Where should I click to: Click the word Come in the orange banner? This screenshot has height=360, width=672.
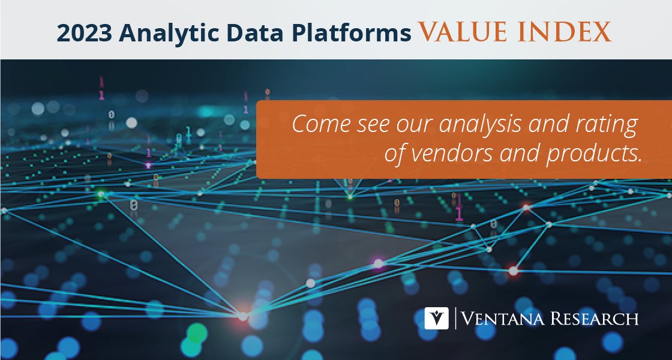318,126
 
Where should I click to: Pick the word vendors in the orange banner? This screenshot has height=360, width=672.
453,154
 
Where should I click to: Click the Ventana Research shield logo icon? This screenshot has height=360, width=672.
436,318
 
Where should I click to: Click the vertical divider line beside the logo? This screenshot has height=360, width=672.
455,318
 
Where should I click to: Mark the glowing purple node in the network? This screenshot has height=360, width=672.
379,263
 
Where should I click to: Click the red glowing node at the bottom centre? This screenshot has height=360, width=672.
243,316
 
